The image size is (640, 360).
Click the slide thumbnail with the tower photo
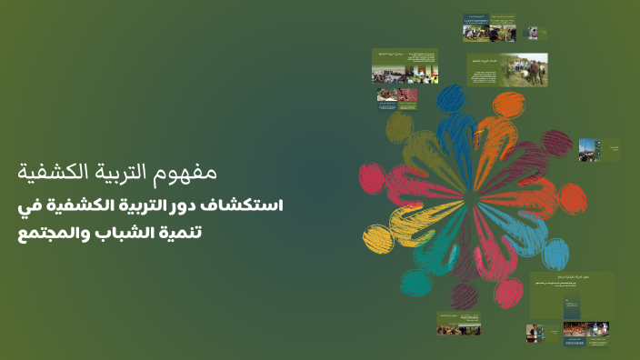click(x=601, y=151)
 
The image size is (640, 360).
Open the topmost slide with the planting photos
click(x=489, y=27)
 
